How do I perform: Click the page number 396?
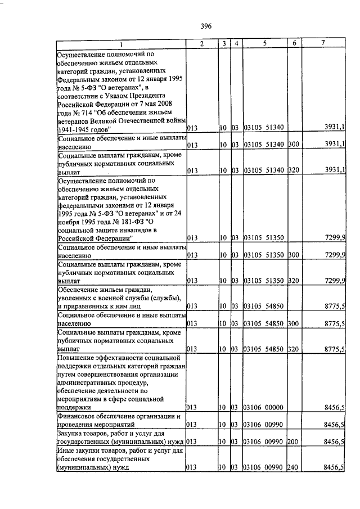[x=205, y=25]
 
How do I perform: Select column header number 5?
[x=264, y=43]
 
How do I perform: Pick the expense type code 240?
[x=293, y=467]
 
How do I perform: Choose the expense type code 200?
[x=293, y=443]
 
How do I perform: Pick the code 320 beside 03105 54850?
[x=293, y=349]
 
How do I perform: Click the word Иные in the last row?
[x=67, y=451]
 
